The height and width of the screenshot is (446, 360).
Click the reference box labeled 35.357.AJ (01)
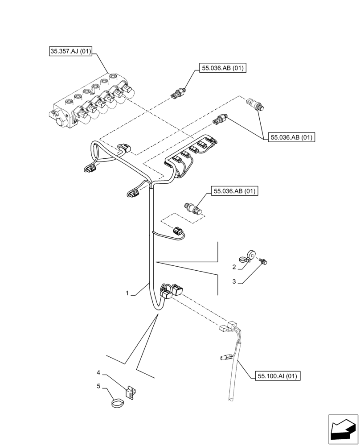point(70,52)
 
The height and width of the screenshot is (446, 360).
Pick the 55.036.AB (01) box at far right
point(292,137)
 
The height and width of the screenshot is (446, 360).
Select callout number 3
point(233,281)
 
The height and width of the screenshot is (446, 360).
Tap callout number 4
point(99,372)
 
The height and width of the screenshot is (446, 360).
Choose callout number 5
point(99,387)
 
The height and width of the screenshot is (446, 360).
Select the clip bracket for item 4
point(131,391)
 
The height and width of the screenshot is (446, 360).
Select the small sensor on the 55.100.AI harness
point(226,356)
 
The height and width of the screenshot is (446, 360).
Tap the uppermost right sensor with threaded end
point(256,103)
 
